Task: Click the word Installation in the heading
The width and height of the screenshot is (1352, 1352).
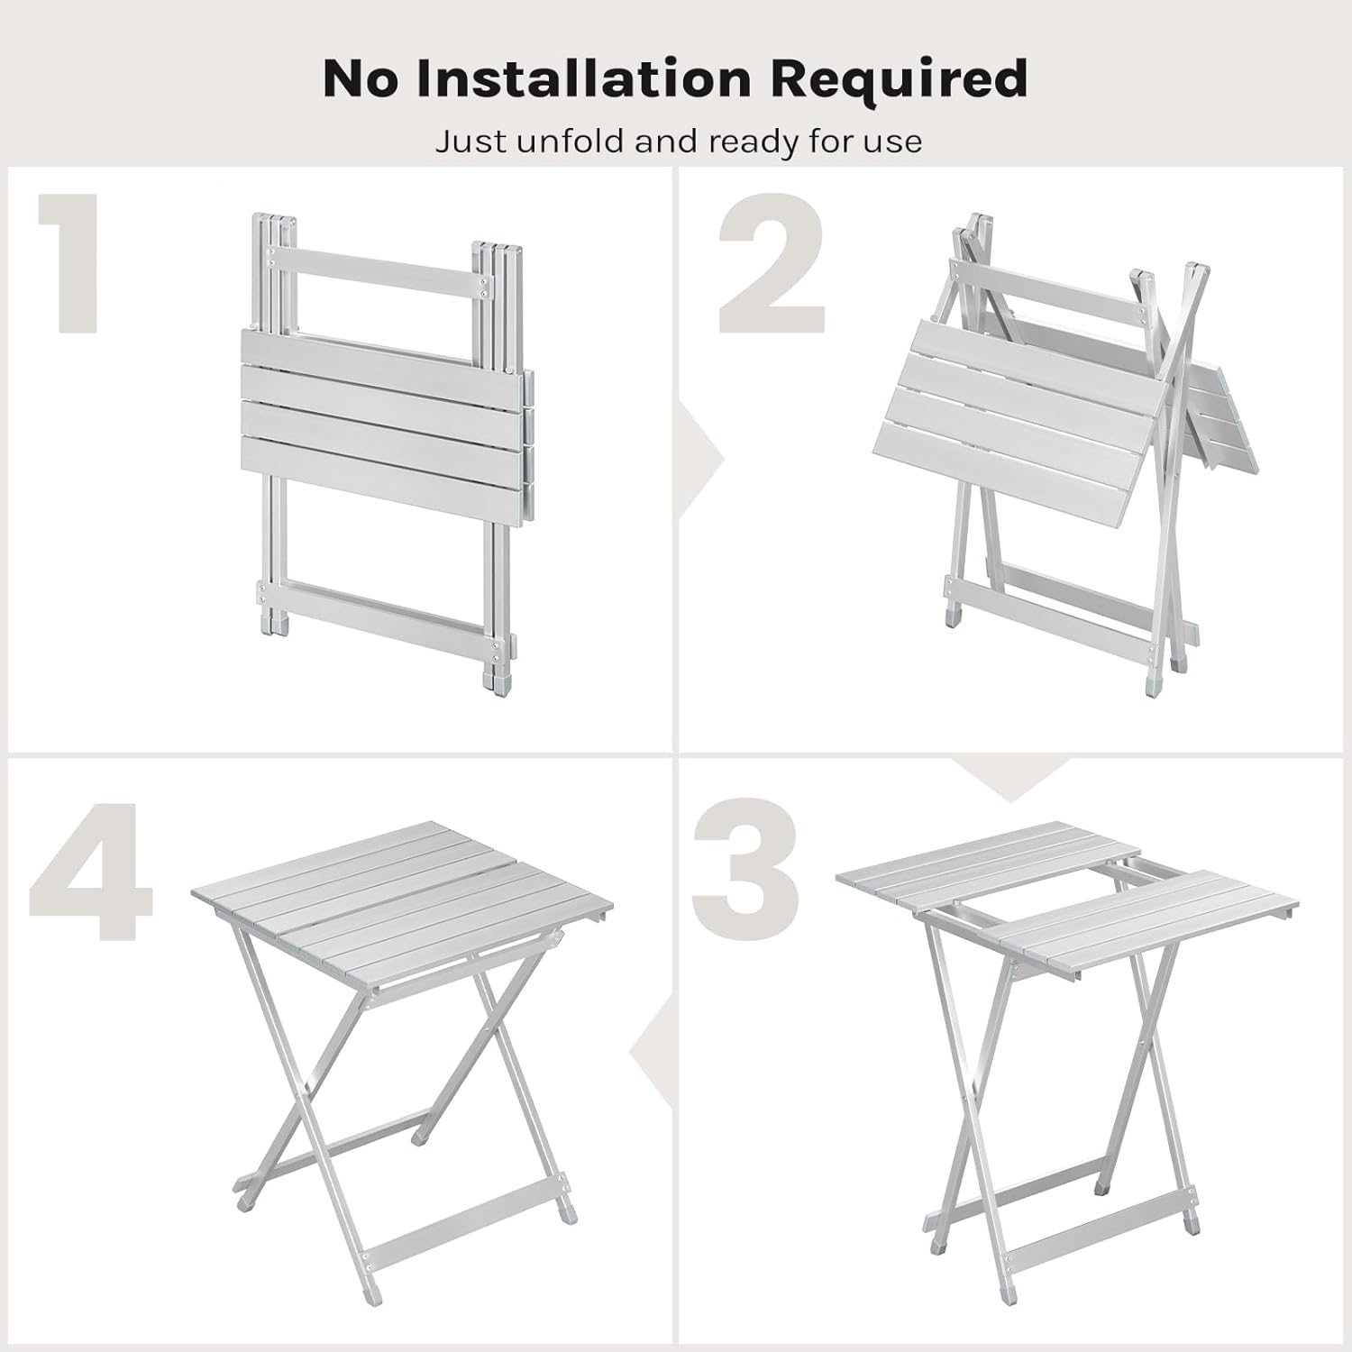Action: pos(582,78)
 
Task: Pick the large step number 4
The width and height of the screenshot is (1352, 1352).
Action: pos(90,870)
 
